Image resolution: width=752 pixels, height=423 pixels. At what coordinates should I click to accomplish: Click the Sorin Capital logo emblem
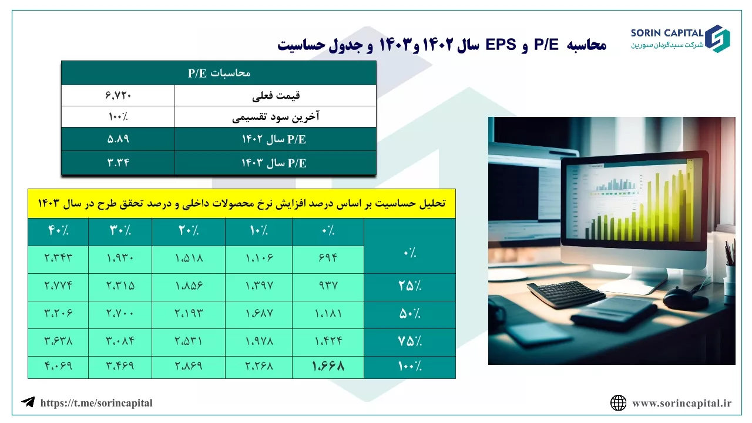pyautogui.click(x=717, y=39)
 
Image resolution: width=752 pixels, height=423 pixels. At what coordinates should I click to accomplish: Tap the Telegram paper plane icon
pyautogui.click(x=28, y=402)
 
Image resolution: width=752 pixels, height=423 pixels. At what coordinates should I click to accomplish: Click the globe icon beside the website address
pyautogui.click(x=618, y=402)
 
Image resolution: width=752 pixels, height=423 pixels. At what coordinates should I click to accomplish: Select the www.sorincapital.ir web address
pyautogui.click(x=682, y=403)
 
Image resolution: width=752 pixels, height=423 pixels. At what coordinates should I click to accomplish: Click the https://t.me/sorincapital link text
pyautogui.click(x=96, y=403)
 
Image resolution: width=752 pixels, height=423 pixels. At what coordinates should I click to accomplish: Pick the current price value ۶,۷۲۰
pyautogui.click(x=118, y=96)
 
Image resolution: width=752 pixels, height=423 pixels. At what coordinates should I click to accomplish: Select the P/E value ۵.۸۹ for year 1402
pyautogui.click(x=118, y=139)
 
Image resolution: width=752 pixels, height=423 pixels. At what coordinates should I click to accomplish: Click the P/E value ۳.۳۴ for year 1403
pyautogui.click(x=118, y=163)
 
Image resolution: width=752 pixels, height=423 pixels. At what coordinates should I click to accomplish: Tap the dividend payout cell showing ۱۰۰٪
pyautogui.click(x=118, y=117)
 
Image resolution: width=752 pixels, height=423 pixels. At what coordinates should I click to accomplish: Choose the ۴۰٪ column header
pyautogui.click(x=58, y=231)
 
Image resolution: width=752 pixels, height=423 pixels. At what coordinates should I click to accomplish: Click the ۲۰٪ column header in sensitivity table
pyautogui.click(x=189, y=231)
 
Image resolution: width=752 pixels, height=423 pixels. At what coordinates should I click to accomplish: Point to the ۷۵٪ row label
pyautogui.click(x=409, y=341)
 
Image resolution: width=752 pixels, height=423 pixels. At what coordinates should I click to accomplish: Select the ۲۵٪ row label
pyautogui.click(x=409, y=286)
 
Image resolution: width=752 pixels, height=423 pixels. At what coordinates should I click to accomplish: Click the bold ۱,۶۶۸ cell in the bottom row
pyautogui.click(x=328, y=366)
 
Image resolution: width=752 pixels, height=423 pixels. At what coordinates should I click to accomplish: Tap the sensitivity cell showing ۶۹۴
pyautogui.click(x=328, y=258)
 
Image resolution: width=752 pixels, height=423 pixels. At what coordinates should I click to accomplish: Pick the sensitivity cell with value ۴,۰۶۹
pyautogui.click(x=58, y=365)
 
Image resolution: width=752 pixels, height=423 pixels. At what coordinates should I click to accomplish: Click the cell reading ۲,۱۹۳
pyautogui.click(x=189, y=314)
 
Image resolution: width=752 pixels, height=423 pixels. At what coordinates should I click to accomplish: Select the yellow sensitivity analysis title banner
pyautogui.click(x=241, y=203)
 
